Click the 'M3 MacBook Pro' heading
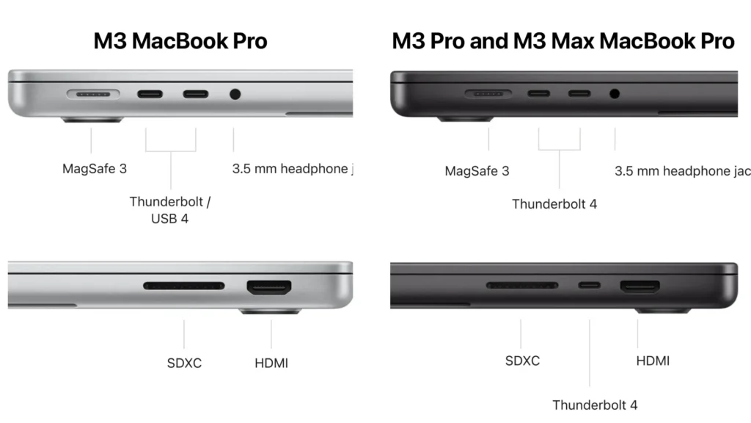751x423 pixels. (180, 41)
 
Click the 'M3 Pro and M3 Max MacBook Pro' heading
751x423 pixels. (563, 41)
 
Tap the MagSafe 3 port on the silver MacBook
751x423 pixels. (94, 95)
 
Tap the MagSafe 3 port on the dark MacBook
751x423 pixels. (488, 94)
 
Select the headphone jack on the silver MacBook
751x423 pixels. (235, 94)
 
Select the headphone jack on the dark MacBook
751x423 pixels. (615, 94)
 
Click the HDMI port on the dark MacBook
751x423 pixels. (640, 286)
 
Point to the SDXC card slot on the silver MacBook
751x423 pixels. (184, 285)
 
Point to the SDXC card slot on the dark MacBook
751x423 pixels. (521, 285)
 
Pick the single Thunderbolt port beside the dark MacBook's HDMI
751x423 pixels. (589, 286)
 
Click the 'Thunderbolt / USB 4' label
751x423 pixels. (169, 209)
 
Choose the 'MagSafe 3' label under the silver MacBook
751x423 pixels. (94, 169)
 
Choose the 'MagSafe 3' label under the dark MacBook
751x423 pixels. (477, 171)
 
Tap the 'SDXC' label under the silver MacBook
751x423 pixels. (184, 363)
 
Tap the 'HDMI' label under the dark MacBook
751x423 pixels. (652, 361)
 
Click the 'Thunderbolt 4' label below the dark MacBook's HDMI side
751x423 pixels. (595, 405)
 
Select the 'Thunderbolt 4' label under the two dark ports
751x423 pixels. (554, 204)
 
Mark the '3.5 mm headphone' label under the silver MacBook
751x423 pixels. (292, 169)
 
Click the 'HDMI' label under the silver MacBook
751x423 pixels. (271, 363)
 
